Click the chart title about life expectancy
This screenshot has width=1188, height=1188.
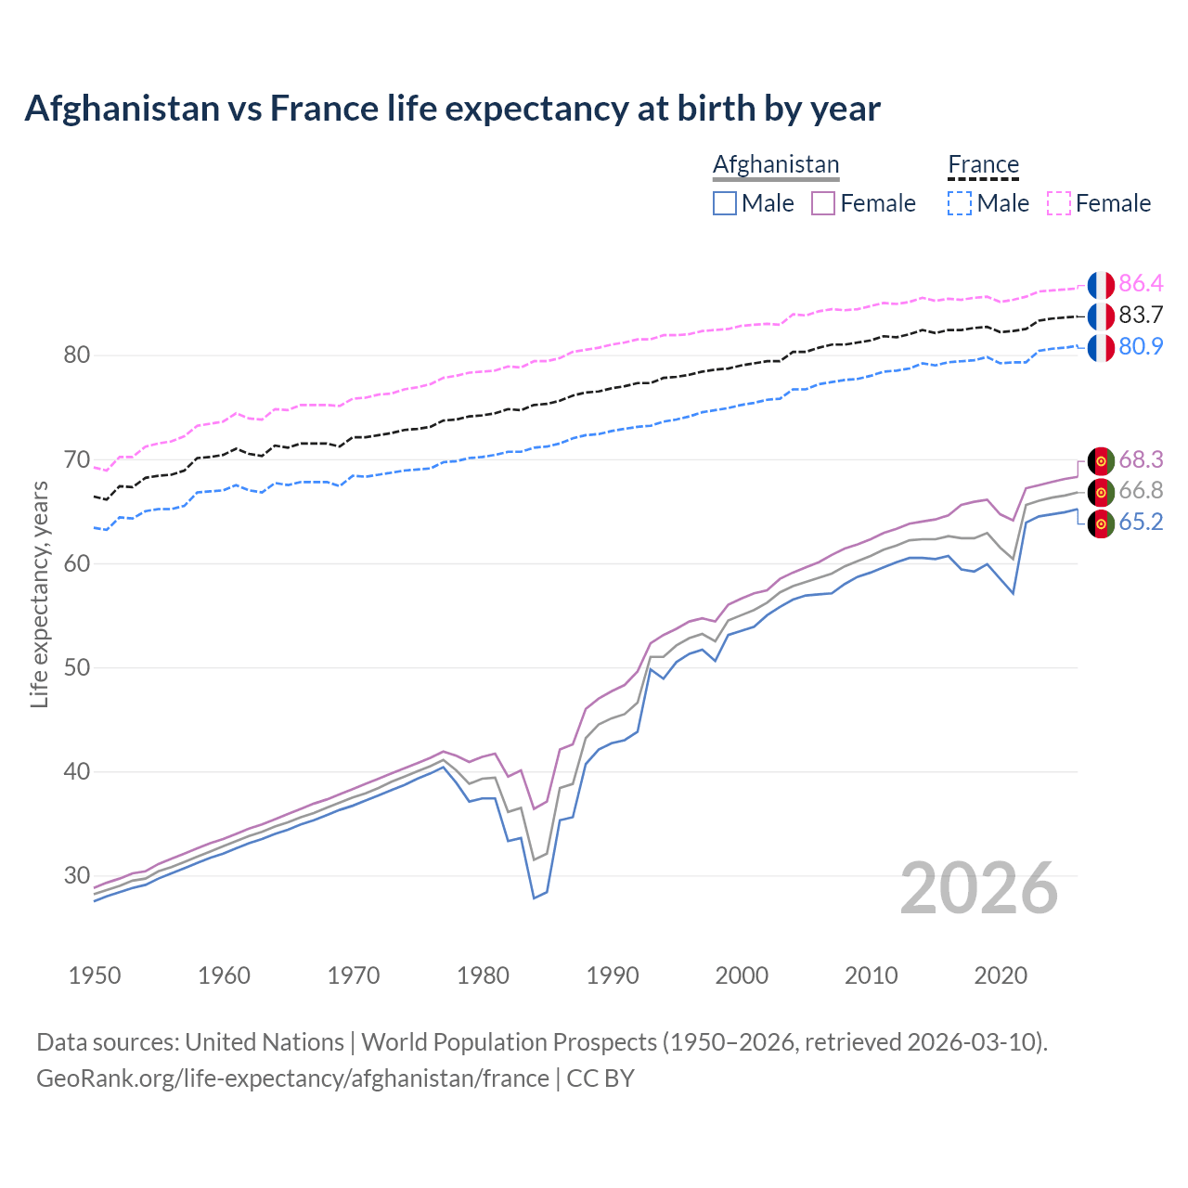(x=452, y=109)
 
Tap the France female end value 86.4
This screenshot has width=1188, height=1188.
(x=1141, y=284)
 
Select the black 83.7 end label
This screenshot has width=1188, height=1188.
(x=1141, y=316)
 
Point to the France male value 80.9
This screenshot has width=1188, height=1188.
(x=1141, y=347)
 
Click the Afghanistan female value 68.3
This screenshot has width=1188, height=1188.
(x=1141, y=459)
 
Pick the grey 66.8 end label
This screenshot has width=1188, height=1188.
(x=1141, y=491)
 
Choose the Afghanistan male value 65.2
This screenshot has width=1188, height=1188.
(x=1141, y=523)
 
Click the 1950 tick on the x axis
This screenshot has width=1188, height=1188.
(x=95, y=975)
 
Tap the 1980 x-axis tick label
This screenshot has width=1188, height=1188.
(x=483, y=975)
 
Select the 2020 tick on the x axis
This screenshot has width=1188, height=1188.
(x=1000, y=975)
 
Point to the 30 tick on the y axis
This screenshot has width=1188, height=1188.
(x=77, y=875)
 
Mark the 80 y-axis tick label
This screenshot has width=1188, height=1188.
(x=77, y=355)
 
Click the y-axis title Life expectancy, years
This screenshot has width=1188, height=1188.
(x=39, y=594)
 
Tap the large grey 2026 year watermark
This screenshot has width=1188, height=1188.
(x=979, y=888)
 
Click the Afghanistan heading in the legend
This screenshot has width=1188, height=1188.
(x=776, y=165)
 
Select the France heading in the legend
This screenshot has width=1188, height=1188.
(x=983, y=165)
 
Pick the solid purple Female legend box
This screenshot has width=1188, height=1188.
(x=823, y=203)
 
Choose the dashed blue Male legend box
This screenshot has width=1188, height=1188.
(x=960, y=203)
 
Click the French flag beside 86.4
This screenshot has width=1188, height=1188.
(x=1101, y=285)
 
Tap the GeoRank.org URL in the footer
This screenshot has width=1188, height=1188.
(x=292, y=1078)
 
